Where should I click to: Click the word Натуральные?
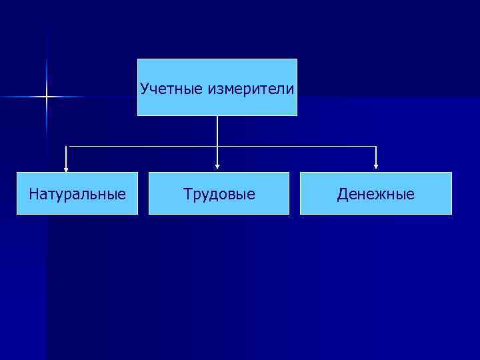77,195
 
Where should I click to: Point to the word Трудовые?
219,195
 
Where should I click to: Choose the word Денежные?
375,195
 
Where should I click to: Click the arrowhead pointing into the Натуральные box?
66,169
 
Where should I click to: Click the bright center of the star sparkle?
47,97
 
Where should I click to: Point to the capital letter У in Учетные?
144,88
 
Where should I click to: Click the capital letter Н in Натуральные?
34,195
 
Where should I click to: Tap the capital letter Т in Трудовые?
187,195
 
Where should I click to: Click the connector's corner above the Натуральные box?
66,146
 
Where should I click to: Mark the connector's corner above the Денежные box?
377,146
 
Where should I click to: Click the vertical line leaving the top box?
217,131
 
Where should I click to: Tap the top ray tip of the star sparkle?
47,60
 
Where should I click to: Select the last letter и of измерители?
290,89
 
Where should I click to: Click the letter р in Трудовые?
195,196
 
